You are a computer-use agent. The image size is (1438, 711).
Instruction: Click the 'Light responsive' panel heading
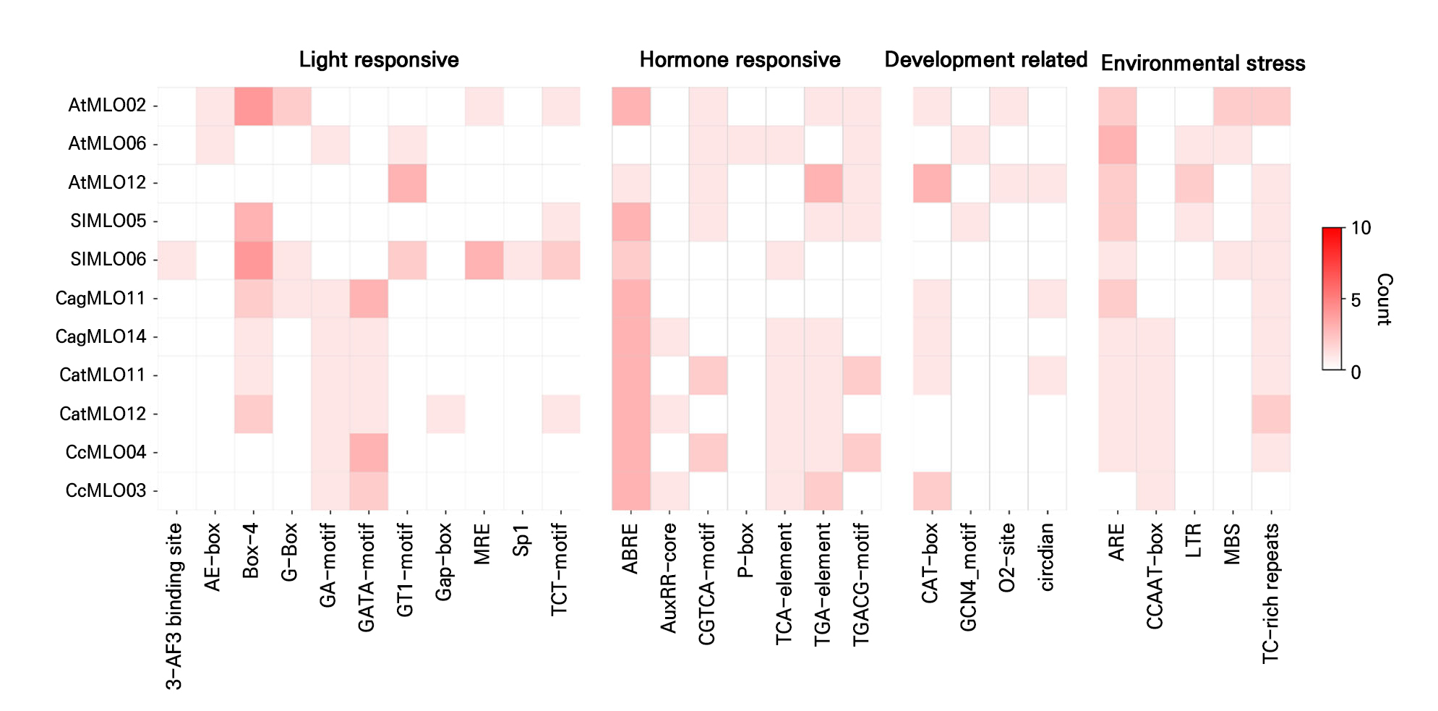click(379, 59)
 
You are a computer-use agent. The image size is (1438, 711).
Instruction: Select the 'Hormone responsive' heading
click(740, 59)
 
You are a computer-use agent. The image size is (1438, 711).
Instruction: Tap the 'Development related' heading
click(986, 59)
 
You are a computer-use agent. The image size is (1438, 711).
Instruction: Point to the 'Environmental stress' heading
click(1203, 63)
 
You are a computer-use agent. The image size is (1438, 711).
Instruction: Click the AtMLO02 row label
click(107, 106)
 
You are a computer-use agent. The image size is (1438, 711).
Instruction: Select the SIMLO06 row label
click(108, 259)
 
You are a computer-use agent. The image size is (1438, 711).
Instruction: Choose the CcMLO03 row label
click(106, 490)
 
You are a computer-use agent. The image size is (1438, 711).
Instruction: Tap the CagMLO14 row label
click(101, 336)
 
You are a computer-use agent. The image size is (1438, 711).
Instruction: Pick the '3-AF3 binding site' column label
click(174, 607)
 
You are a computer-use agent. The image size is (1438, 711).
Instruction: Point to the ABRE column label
click(630, 549)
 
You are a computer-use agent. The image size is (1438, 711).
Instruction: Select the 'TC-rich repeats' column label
click(1270, 593)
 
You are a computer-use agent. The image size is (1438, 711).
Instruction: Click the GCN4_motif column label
click(968, 577)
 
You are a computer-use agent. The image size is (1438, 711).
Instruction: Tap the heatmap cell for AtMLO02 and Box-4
click(253, 106)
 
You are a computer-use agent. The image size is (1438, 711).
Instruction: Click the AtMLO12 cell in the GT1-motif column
click(407, 184)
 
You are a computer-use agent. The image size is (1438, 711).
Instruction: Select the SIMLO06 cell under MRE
click(484, 260)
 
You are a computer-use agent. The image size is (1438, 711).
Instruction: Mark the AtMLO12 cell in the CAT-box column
click(932, 184)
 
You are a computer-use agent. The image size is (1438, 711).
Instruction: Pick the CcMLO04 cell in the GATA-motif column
click(369, 453)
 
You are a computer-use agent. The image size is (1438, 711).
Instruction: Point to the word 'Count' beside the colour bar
click(1383, 299)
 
